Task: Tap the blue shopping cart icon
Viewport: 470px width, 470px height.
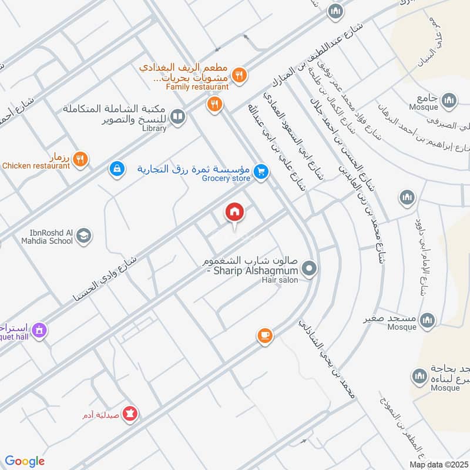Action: [261, 172]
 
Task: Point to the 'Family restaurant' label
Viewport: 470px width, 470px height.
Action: [197, 87]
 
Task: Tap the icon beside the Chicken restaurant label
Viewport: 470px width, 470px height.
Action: [82, 158]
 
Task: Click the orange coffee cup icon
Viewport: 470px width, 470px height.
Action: [264, 335]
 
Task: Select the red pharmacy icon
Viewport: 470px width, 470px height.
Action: [130, 415]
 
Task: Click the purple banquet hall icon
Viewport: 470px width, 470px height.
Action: [39, 331]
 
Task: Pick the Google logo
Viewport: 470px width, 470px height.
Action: [25, 461]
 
